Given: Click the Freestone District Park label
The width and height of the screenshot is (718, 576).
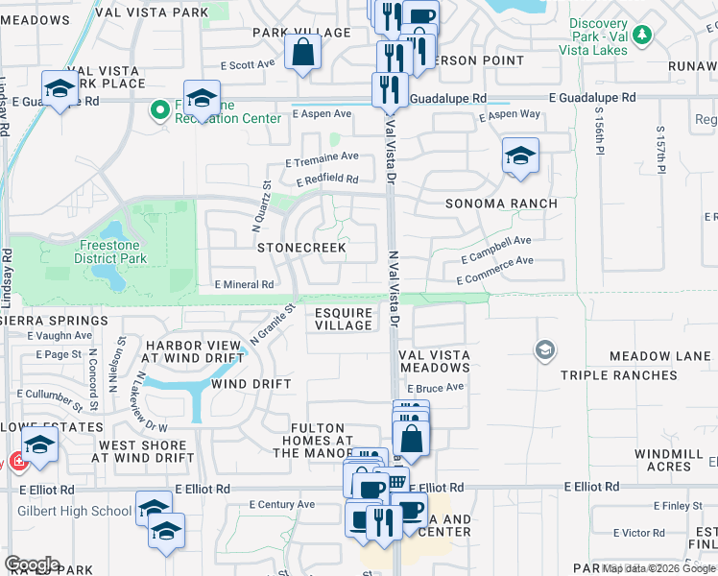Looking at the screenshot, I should coord(110,252).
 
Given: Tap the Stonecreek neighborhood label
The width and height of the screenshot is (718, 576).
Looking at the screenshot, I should coord(300,247).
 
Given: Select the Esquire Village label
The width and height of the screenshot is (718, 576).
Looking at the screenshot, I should coord(344,318).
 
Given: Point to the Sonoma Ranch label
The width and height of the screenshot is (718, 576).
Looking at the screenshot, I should coord(501,204).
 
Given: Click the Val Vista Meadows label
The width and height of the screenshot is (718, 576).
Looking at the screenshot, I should coord(435,361).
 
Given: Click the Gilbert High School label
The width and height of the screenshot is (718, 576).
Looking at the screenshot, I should coord(74,511).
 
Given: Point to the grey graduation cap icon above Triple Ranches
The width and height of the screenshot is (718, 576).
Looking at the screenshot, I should coord(545,349).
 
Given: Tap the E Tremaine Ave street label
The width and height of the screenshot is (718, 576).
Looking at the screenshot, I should coord(322,156).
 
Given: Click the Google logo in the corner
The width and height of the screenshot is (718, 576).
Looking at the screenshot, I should coord(32,564).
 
